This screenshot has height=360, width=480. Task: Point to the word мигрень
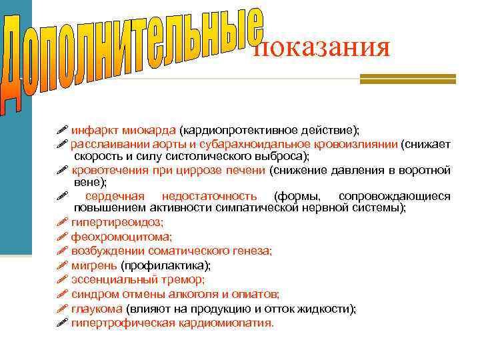click(x=94, y=265)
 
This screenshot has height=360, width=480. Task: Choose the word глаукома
click(x=97, y=309)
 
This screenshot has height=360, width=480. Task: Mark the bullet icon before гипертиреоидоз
click(x=63, y=222)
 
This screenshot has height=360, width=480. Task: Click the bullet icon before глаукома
click(x=63, y=309)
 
